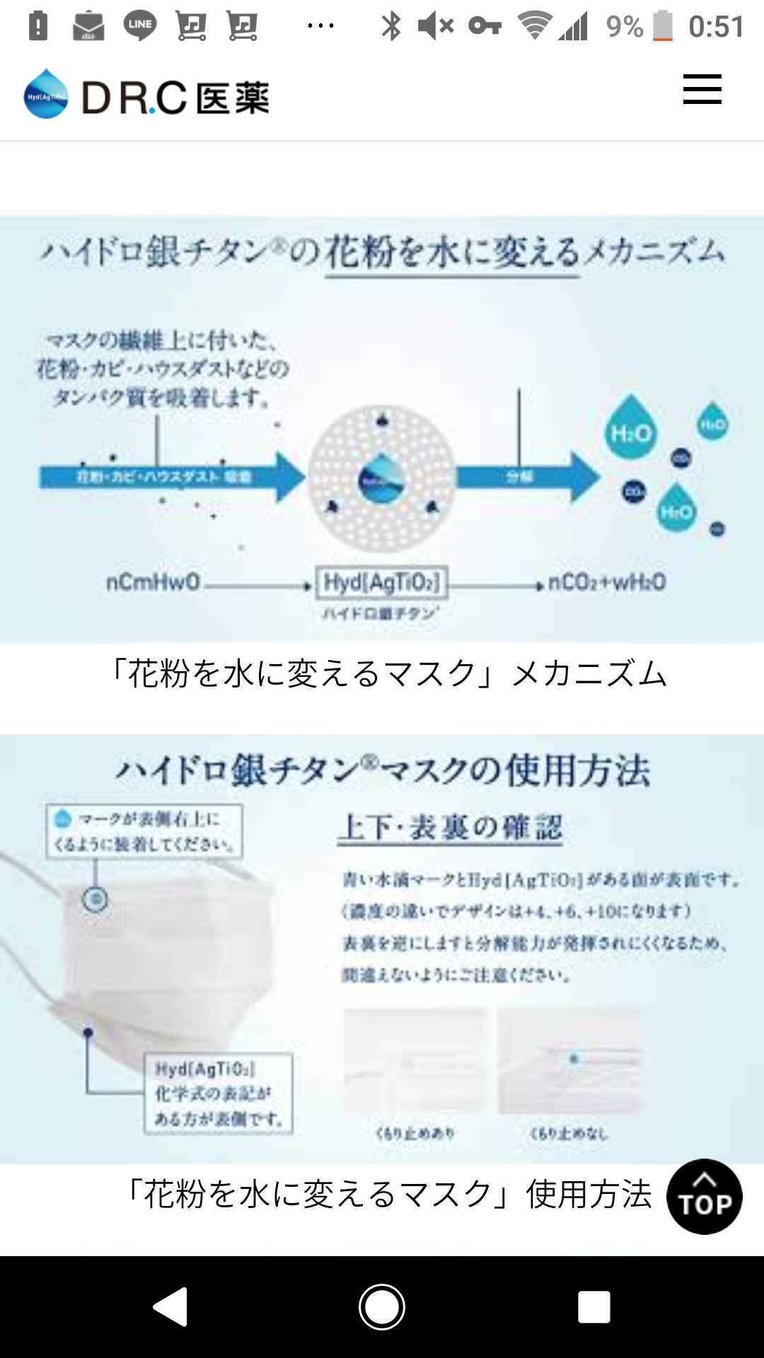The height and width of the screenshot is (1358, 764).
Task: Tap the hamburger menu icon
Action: pyautogui.click(x=702, y=89)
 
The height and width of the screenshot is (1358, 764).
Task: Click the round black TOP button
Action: pyautogui.click(x=704, y=1197)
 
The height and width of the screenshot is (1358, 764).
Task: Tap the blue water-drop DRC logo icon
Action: pyautogui.click(x=46, y=94)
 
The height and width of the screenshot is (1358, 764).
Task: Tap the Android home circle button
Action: pyautogui.click(x=382, y=1306)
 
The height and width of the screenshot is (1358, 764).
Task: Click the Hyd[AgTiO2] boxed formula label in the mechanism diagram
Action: pyautogui.click(x=382, y=583)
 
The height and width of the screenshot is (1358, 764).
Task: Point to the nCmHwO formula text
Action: pyautogui.click(x=153, y=583)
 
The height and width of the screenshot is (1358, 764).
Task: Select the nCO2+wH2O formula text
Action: pyautogui.click(x=607, y=583)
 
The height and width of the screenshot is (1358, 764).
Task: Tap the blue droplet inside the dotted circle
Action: pyautogui.click(x=382, y=478)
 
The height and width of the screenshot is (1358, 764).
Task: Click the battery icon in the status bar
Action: pyautogui.click(x=663, y=26)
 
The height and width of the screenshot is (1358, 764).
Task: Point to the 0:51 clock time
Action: pyautogui.click(x=716, y=27)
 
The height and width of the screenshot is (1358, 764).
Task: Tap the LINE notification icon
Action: pyautogui.click(x=139, y=26)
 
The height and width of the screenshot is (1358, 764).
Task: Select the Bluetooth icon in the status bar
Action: pyautogui.click(x=390, y=26)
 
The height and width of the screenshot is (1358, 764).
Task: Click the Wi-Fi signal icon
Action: pyautogui.click(x=535, y=25)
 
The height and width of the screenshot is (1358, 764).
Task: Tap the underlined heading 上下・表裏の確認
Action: pyautogui.click(x=451, y=827)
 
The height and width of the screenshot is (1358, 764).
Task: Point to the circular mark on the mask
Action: pyautogui.click(x=95, y=900)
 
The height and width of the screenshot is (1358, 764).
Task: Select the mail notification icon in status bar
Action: pyautogui.click(x=88, y=26)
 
